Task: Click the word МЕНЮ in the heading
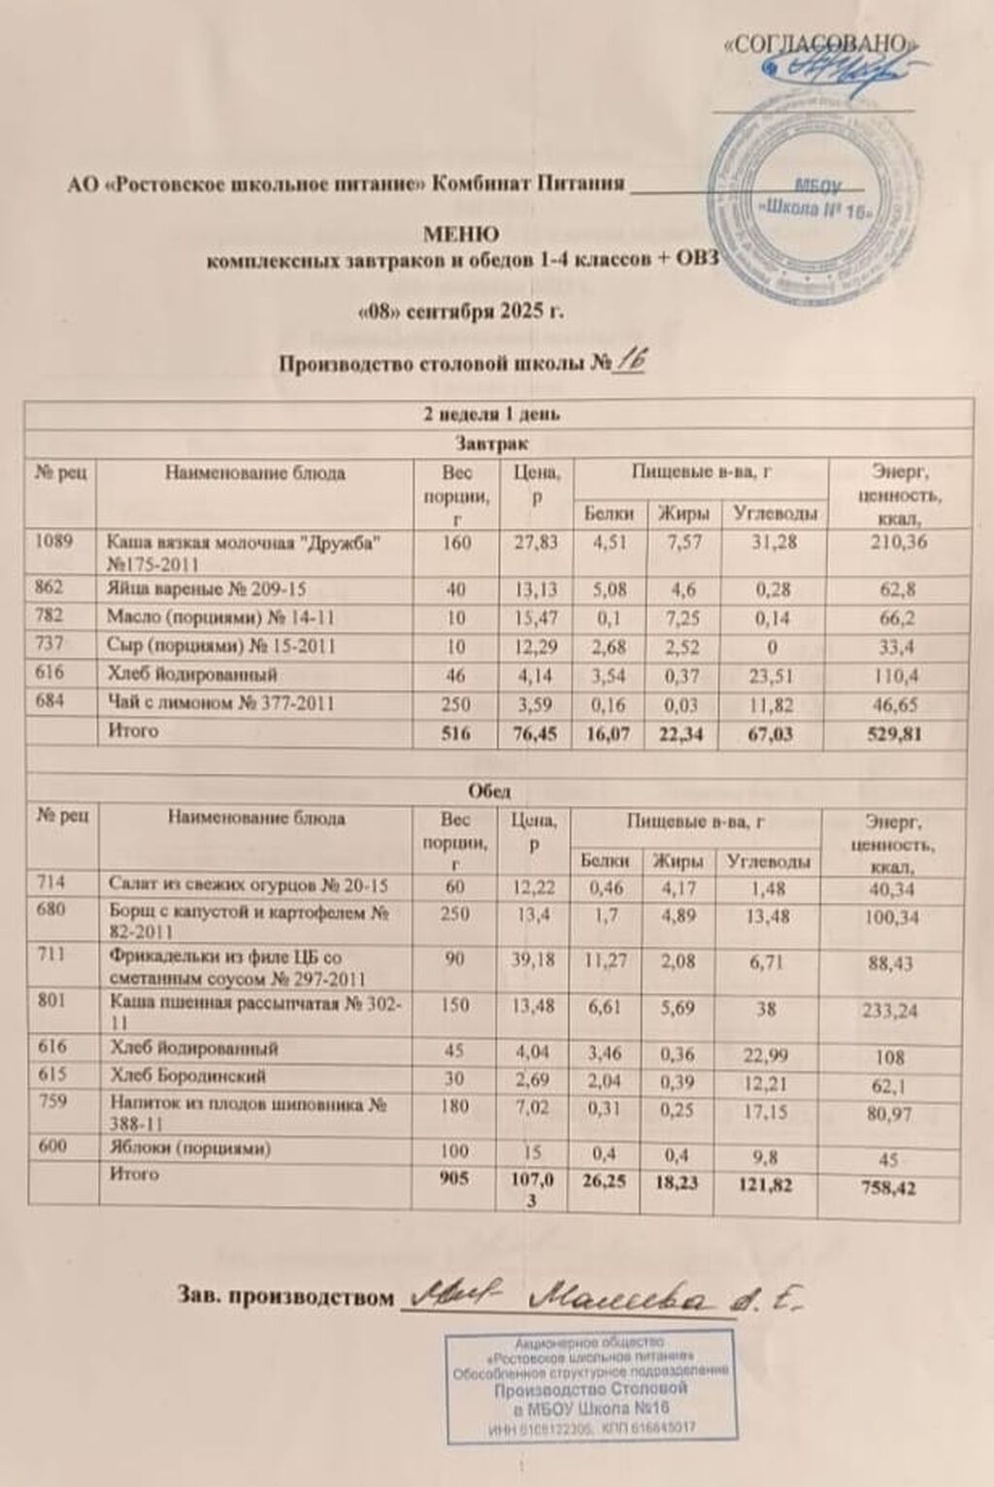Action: (462, 235)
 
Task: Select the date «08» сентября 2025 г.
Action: (461, 312)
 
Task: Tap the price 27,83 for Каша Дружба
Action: (536, 542)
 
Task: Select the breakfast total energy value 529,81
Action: (897, 734)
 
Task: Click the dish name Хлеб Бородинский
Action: (188, 1076)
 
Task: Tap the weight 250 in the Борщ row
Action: (454, 914)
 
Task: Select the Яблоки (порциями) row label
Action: (190, 1148)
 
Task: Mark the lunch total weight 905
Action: (454, 1178)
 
